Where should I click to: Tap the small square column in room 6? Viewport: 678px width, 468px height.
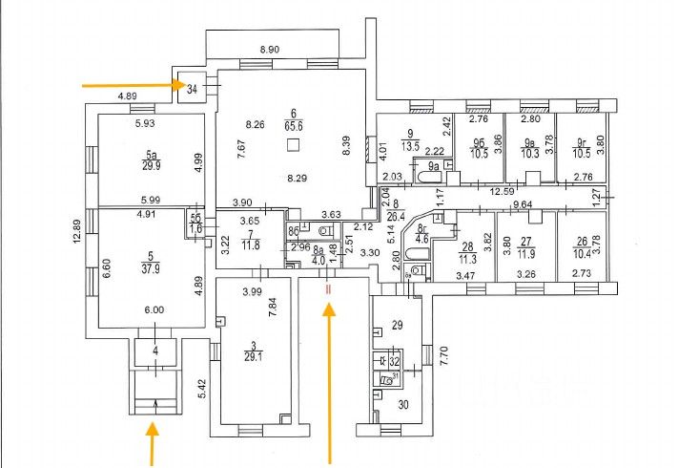[294, 145]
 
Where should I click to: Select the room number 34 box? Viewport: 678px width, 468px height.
[194, 89]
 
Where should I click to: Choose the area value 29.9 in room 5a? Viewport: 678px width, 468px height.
[151, 163]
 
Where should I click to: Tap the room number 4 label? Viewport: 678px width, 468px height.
[157, 351]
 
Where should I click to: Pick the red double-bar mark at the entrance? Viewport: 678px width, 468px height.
[328, 287]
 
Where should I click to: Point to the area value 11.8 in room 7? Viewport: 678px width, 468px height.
[250, 243]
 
